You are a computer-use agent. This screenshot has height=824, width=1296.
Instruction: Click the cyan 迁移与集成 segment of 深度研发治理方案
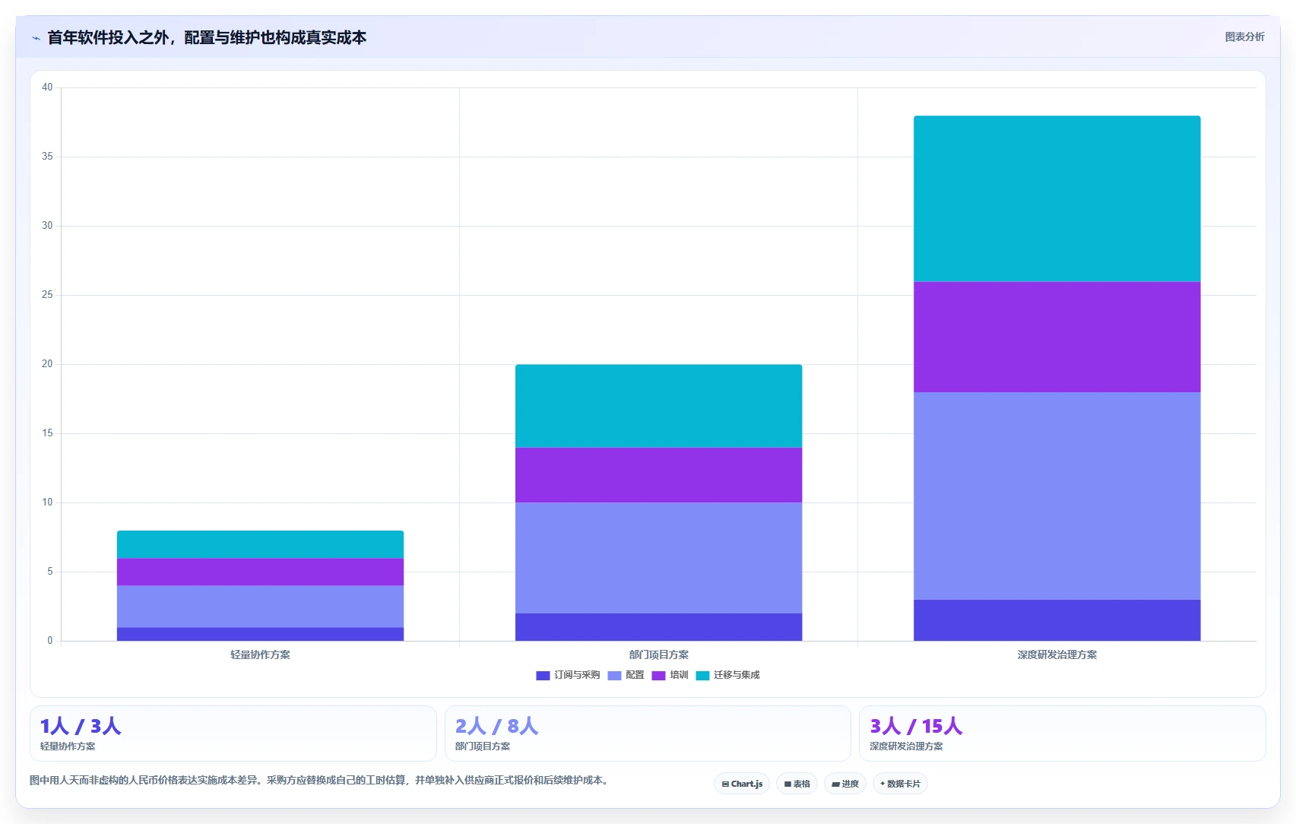(x=1057, y=198)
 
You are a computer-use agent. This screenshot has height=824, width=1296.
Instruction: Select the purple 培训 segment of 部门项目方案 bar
(x=658, y=475)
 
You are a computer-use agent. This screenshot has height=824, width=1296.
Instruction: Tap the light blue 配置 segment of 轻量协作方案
(x=261, y=607)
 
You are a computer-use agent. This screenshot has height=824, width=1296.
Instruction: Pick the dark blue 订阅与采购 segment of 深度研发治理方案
(x=1057, y=620)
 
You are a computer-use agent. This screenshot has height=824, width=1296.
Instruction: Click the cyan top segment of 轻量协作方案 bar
(x=261, y=544)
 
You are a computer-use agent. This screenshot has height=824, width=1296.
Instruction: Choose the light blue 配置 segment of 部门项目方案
(x=658, y=558)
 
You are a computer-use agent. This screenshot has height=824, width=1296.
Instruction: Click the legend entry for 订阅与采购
(x=568, y=675)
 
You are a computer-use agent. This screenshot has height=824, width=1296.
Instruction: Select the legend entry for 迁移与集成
(x=727, y=675)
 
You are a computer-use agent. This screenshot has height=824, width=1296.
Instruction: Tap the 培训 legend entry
(x=670, y=675)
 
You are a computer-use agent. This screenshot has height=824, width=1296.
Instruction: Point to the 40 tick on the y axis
(x=47, y=87)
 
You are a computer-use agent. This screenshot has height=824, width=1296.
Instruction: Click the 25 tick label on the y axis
(x=47, y=294)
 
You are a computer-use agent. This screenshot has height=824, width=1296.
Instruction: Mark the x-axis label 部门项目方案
(x=658, y=654)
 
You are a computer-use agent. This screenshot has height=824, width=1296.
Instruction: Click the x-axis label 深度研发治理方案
(x=1057, y=654)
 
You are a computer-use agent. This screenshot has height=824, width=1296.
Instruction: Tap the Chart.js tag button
(x=742, y=784)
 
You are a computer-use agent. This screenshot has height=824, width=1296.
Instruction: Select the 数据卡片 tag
(x=900, y=784)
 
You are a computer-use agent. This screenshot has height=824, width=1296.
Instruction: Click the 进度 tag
(x=844, y=784)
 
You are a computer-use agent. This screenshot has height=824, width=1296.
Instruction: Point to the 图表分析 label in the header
(x=1244, y=37)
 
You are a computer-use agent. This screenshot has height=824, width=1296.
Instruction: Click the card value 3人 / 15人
(x=916, y=726)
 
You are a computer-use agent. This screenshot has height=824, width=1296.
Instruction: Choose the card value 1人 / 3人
(x=81, y=726)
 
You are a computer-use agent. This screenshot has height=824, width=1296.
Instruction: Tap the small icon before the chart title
(x=36, y=38)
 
